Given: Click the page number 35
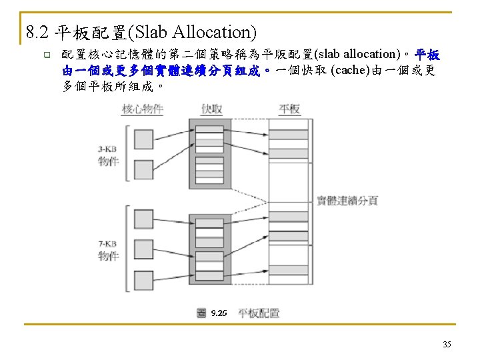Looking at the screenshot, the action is point(447,344).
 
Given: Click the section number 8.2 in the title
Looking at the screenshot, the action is point(37,31).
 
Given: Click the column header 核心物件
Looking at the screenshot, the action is point(143,109).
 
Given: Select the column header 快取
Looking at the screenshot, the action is point(211,109).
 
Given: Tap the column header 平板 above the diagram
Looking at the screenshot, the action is point(289,109).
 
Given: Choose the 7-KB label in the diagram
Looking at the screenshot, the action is point(108,245).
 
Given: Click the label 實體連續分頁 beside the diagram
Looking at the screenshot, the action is point(347,200).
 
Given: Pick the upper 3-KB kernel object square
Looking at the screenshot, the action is point(144,139).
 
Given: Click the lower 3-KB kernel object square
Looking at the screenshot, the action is point(144,170).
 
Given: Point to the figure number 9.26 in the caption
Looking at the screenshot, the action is point(218,313).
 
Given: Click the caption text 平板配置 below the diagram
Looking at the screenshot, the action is point(259,313).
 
